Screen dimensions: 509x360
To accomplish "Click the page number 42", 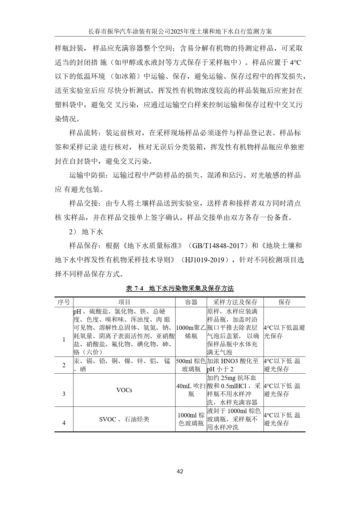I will pos(180,471).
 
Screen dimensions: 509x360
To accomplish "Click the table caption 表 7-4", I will pos(135,288).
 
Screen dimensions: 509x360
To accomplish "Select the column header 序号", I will pos(64,302).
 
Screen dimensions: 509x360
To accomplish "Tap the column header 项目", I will pos(124,302).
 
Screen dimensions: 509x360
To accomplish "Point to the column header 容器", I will pos(191,302).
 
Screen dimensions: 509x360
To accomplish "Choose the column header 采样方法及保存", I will pos(235,302).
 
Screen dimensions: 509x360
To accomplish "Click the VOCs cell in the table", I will pos(124,390).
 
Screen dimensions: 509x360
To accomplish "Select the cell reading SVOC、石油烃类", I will pos(124,419).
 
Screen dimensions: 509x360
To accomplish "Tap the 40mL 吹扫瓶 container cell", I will pos(191,390).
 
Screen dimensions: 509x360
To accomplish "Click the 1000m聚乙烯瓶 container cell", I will pos(191,332).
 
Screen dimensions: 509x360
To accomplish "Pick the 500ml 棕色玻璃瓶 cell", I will pos(191,365).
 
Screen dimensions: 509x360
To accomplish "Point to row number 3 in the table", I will pos(64,394).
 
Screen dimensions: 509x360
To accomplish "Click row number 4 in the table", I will pos(64,423).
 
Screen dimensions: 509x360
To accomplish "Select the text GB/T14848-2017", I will pos(218,246).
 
